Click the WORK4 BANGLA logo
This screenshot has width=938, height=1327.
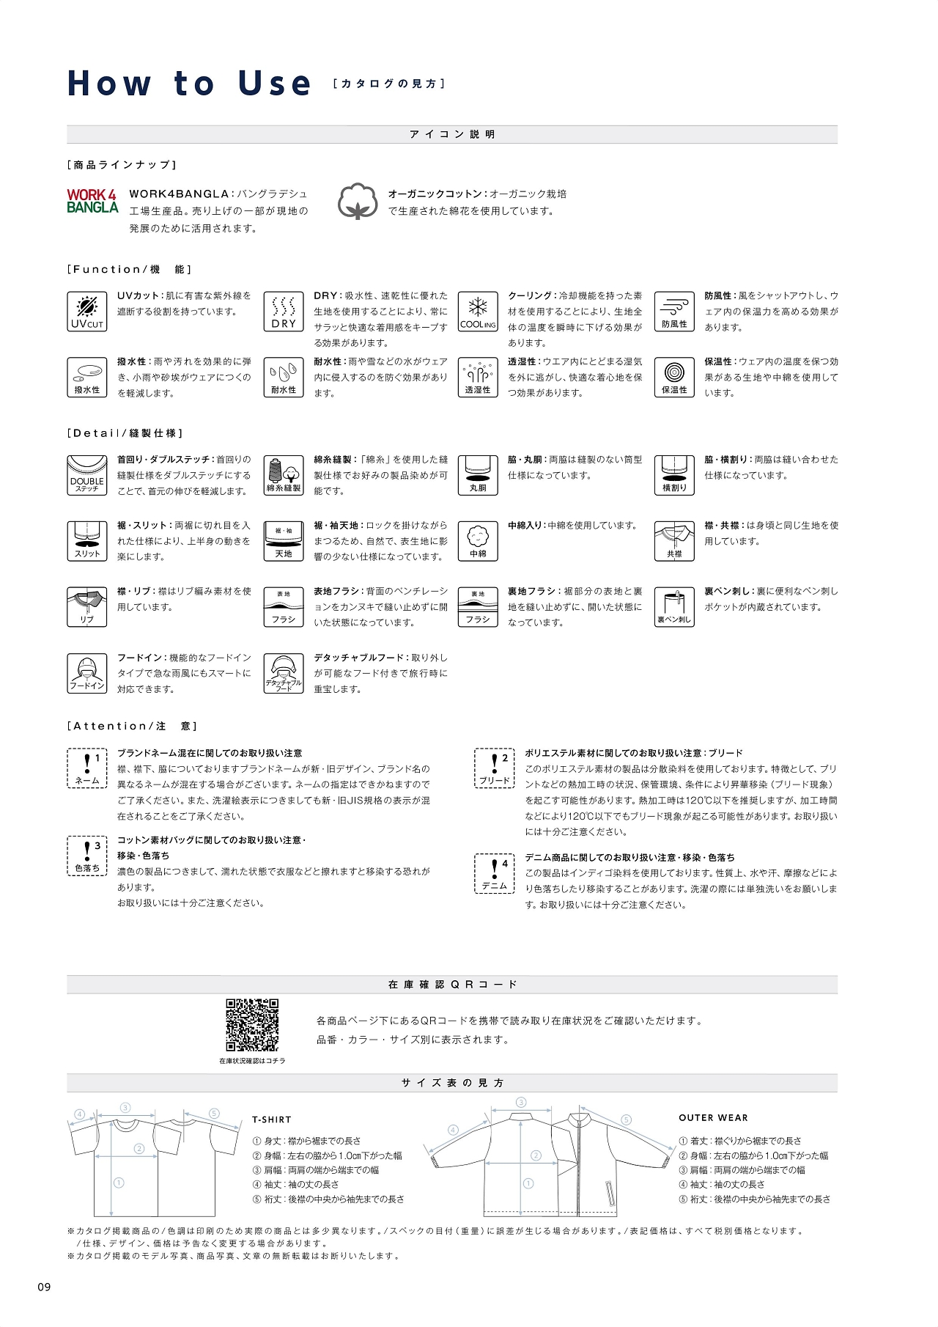92,201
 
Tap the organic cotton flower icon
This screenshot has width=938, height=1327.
358,201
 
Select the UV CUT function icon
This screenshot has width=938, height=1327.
86,312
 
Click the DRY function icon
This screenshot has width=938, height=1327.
284,312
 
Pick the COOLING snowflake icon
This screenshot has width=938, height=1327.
478,312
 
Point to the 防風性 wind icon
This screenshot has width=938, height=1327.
674,312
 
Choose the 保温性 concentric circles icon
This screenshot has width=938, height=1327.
674,378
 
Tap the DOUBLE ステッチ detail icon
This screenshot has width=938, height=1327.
86,475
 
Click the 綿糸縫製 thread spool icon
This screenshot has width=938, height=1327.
284,475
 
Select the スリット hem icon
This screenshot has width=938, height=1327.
86,541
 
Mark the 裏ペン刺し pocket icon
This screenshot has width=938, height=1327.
674,607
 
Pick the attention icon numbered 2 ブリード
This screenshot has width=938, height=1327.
495,768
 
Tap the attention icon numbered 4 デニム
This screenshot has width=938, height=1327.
495,873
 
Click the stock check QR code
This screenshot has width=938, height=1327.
252,1024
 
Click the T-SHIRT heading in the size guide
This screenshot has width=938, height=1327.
272,1120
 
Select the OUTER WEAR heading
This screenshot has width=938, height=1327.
713,1118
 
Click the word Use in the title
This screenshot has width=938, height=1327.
275,84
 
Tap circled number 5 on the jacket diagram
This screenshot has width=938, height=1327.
626,1120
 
